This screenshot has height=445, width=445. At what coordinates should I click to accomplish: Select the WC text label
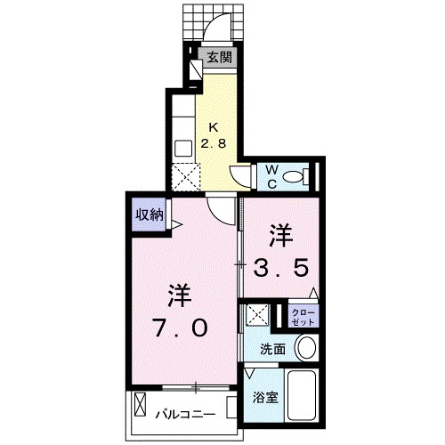272,175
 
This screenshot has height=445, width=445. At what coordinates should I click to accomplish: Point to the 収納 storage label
149,214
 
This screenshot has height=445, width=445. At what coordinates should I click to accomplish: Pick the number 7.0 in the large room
181,329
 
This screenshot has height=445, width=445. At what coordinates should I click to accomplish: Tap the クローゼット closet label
303,316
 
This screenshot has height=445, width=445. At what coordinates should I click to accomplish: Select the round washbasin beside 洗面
305,347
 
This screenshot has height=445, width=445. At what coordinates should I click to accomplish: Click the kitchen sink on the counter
182,146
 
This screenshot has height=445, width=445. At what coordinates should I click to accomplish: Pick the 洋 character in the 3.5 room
282,233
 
